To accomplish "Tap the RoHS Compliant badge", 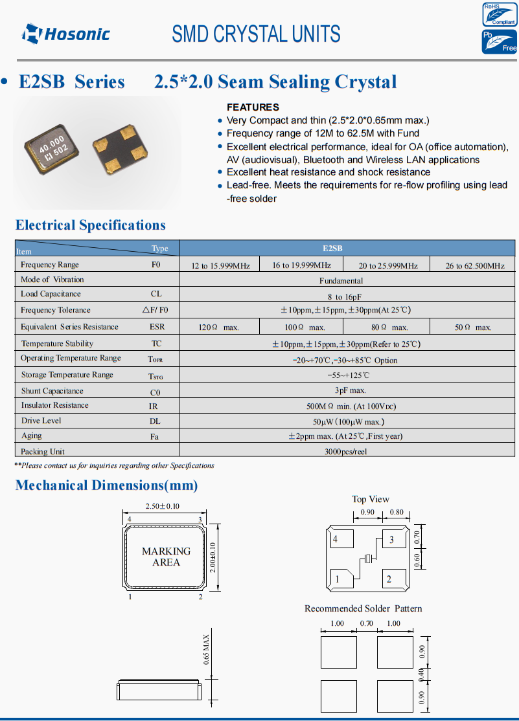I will tap(499, 14).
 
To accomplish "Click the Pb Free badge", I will tap(499, 41).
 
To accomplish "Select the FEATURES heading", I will tap(253, 107).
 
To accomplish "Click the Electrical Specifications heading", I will tap(91, 225).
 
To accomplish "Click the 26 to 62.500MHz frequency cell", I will tap(475, 265).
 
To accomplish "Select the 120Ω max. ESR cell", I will tap(219, 327).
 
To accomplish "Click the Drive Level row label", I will tap(41, 421).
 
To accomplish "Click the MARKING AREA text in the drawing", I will tap(167, 557).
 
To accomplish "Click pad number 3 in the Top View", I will tap(391, 540).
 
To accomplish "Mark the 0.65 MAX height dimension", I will tap(206, 650).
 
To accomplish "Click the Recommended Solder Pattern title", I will tap(363, 608).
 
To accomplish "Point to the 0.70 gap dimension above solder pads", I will tap(367, 623).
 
